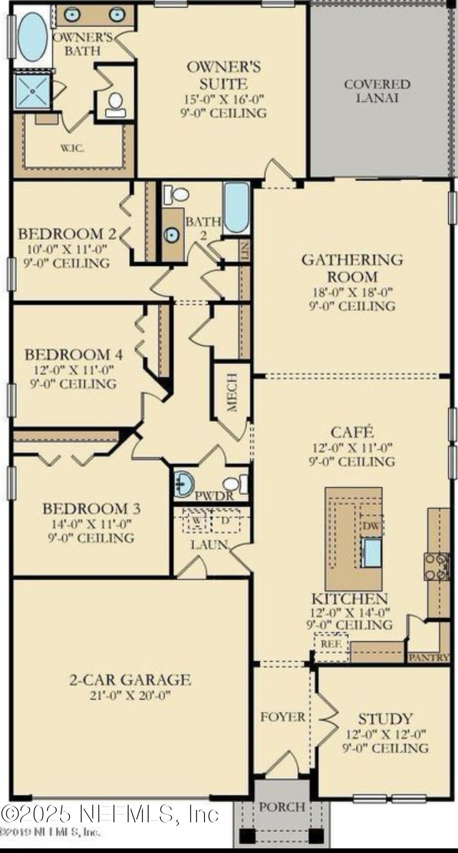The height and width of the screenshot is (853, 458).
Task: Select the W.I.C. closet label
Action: click(x=72, y=148)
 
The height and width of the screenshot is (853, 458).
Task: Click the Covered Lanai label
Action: click(x=377, y=91)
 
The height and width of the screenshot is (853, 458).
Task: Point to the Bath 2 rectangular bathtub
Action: click(x=236, y=207)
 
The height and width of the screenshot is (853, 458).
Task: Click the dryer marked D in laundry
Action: click(x=225, y=521)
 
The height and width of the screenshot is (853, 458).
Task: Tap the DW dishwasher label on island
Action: click(x=371, y=526)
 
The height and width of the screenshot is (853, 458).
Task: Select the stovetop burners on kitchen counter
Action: click(x=436, y=567)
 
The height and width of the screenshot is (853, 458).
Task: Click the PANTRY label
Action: click(x=429, y=658)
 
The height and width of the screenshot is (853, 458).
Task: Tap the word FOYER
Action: click(x=282, y=717)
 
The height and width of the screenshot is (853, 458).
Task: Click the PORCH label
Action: click(x=282, y=807)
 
